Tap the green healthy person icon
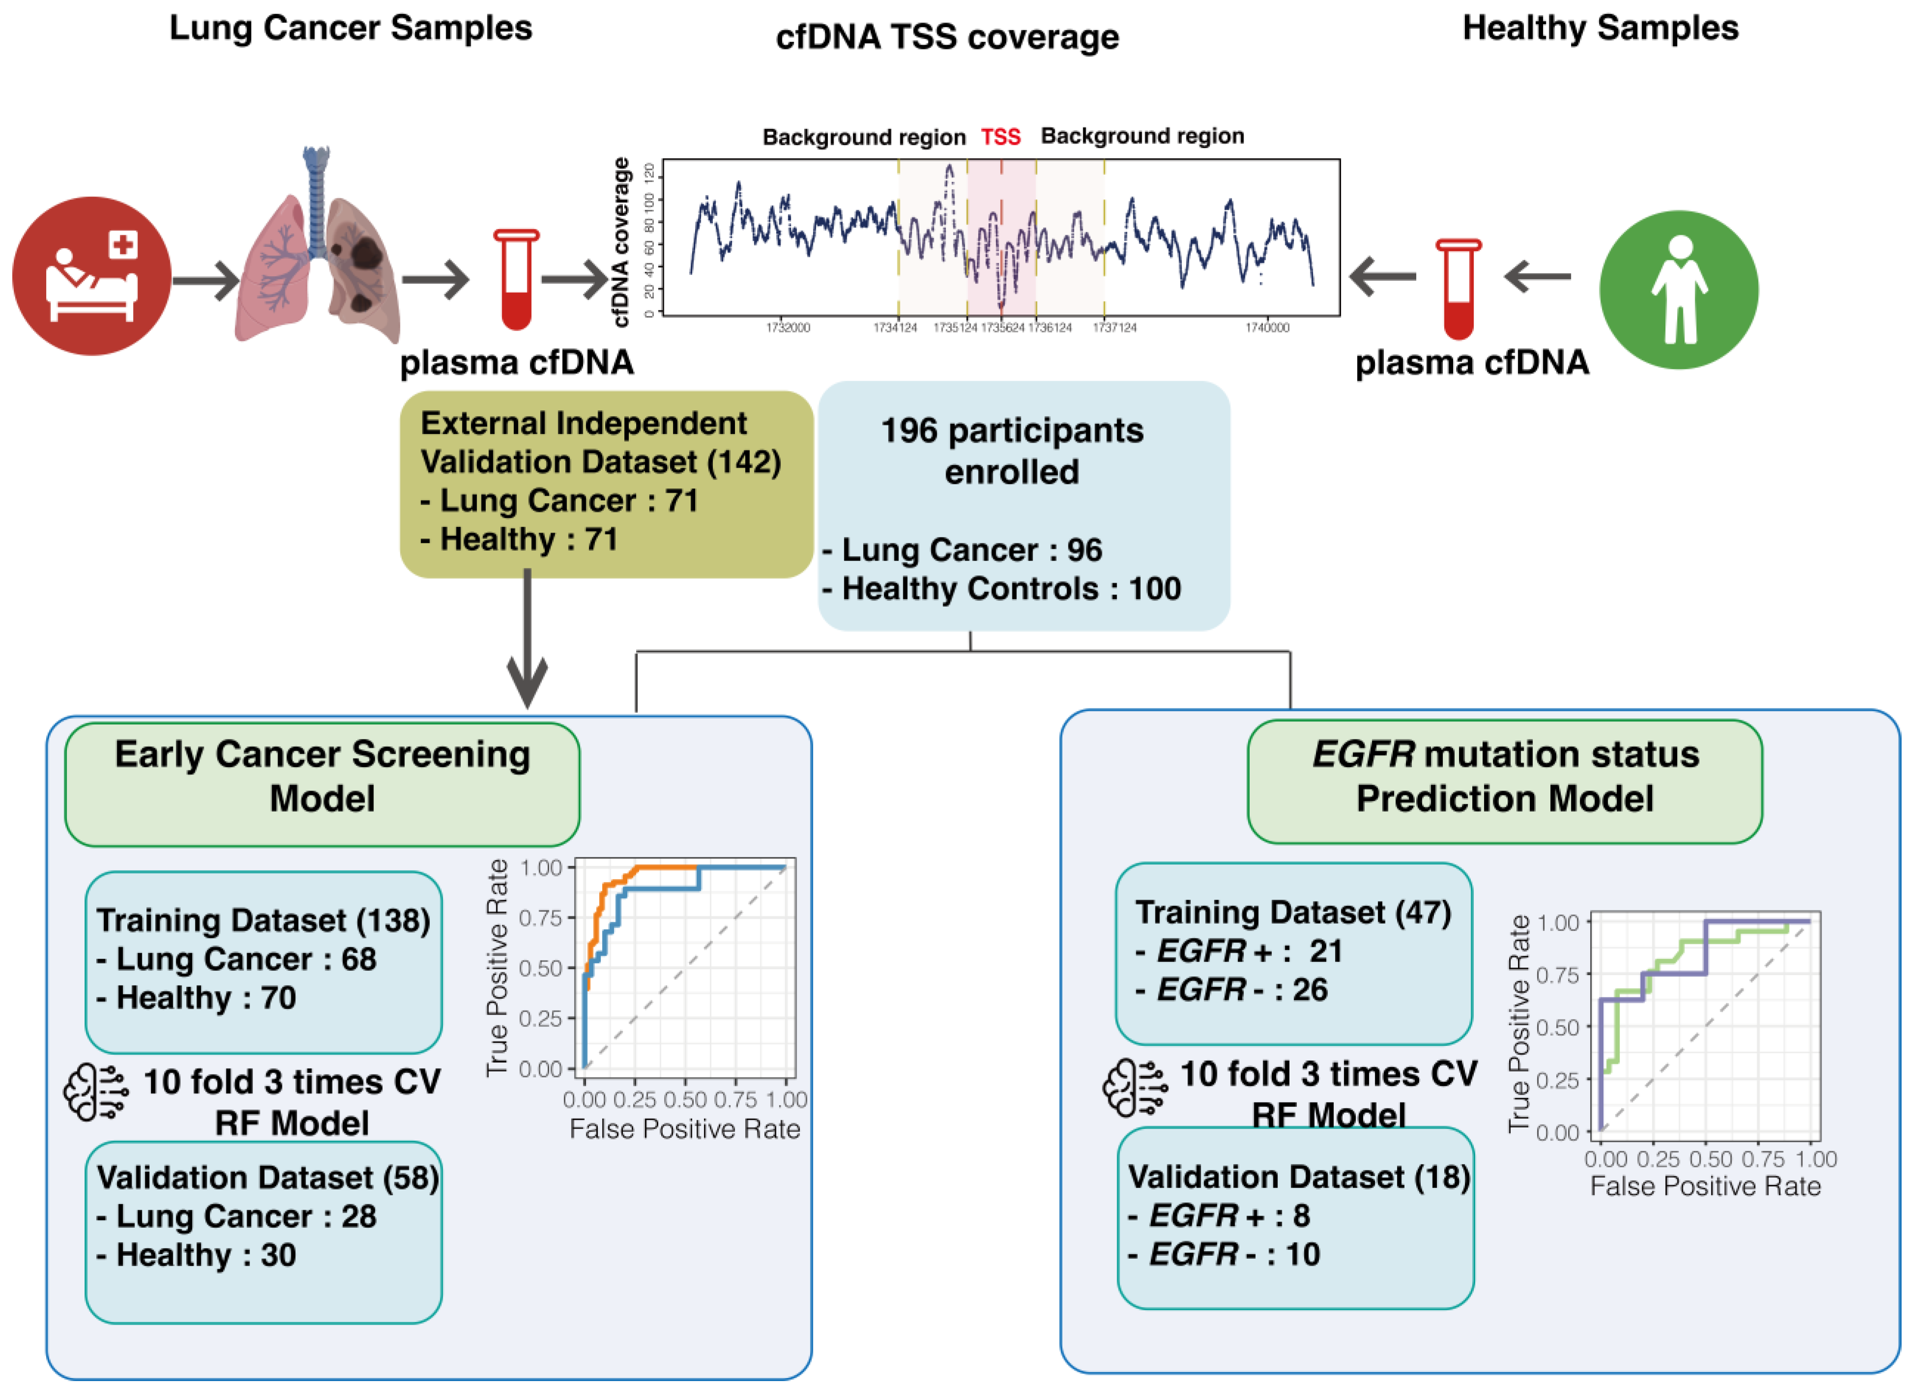(1678, 289)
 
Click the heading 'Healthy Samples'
(1600, 28)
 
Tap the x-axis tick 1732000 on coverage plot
(787, 327)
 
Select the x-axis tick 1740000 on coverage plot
(1267, 327)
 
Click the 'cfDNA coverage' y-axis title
(621, 242)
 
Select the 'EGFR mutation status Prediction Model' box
(1504, 782)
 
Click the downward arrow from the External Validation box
(528, 648)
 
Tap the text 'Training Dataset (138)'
(263, 921)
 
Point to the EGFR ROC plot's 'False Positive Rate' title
(1705, 1187)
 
